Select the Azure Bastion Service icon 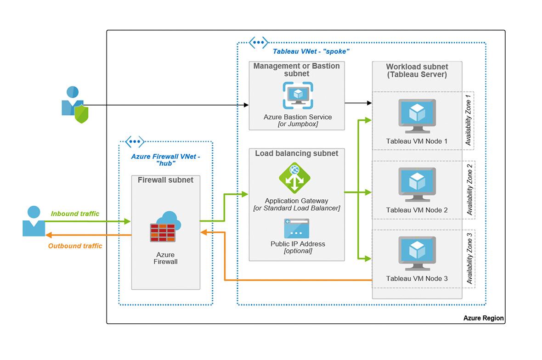pyautogui.click(x=298, y=96)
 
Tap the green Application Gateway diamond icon pyautogui.click(x=294, y=178)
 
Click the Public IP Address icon pyautogui.click(x=296, y=228)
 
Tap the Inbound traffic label pyautogui.click(x=75, y=214)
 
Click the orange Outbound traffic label pyautogui.click(x=75, y=246)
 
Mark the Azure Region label pyautogui.click(x=483, y=318)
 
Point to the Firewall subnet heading pyautogui.click(x=165, y=180)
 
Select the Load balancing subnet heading pyautogui.click(x=296, y=153)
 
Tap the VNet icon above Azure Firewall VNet pyautogui.click(x=135, y=141)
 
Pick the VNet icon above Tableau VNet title pyautogui.click(x=258, y=43)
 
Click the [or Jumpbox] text pyautogui.click(x=298, y=124)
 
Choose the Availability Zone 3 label pyautogui.click(x=469, y=258)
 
